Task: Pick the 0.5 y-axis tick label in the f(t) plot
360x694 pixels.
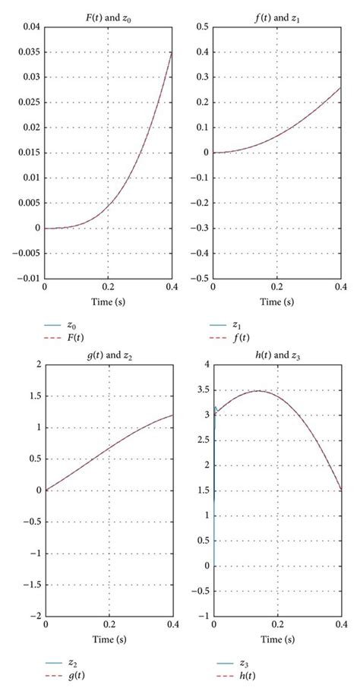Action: click(202, 27)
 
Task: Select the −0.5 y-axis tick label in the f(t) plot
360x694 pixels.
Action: click(199, 278)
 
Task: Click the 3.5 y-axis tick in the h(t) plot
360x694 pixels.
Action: click(201, 390)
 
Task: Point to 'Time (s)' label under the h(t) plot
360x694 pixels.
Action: click(276, 639)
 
